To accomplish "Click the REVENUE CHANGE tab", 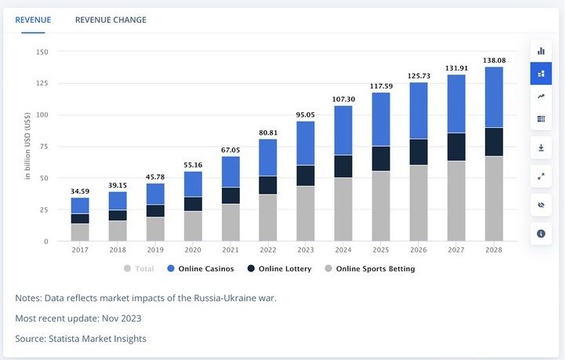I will [111, 20].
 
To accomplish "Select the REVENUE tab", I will [33, 20].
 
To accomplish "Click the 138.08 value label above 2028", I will [494, 60].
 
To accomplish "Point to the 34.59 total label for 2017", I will [80, 191].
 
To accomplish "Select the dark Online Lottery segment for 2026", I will [419, 151].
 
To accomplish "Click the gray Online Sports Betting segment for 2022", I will [268, 217].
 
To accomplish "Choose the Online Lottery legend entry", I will [278, 269].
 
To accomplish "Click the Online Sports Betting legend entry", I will [370, 269].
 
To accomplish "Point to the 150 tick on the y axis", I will [42, 52].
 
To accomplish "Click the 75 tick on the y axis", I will [44, 147].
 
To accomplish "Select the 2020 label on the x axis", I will [193, 250].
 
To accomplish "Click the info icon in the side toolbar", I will [541, 234].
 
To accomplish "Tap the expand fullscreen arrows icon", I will [541, 176].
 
